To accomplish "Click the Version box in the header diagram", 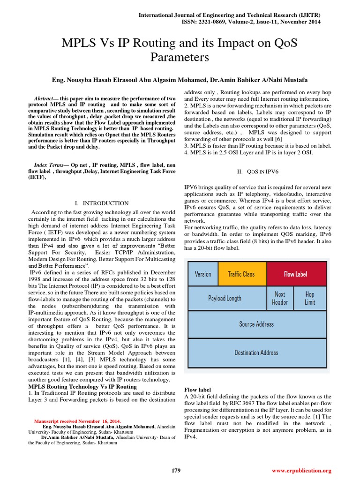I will tap(203, 274).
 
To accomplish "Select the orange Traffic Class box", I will tap(241, 274).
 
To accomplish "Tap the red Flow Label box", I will tap(296, 274).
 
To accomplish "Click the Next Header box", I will tap(280, 298).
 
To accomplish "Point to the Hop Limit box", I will tap(310, 298).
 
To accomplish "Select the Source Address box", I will tap(256, 324).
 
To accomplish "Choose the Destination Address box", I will tap(256, 352).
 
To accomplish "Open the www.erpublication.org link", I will tap(302, 470).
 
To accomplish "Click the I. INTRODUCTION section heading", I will tap(102, 203).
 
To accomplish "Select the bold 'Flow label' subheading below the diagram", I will tap(197, 390).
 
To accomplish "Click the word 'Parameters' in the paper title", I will tap(180, 58).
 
